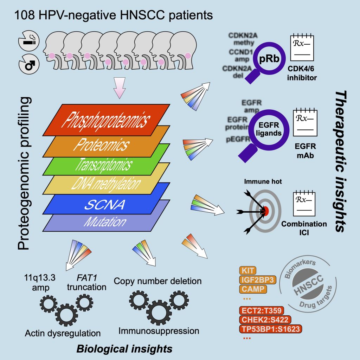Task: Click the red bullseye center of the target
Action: point(266,211)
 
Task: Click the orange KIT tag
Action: point(247,271)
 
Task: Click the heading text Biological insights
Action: point(124,348)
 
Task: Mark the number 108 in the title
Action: point(23,15)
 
